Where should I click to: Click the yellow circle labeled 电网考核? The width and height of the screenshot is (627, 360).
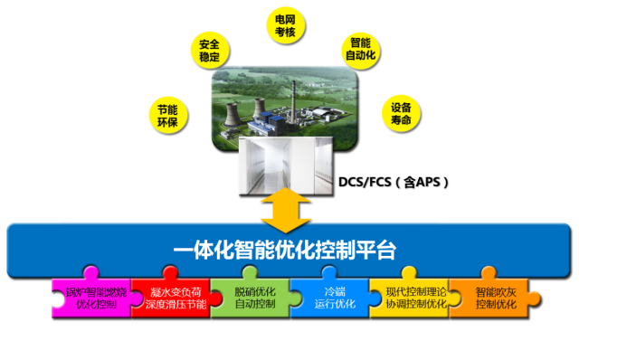pyautogui.click(x=287, y=25)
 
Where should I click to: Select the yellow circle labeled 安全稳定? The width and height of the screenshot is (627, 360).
pyautogui.click(x=208, y=50)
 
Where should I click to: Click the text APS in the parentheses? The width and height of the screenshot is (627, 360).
pyautogui.click(x=427, y=182)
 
